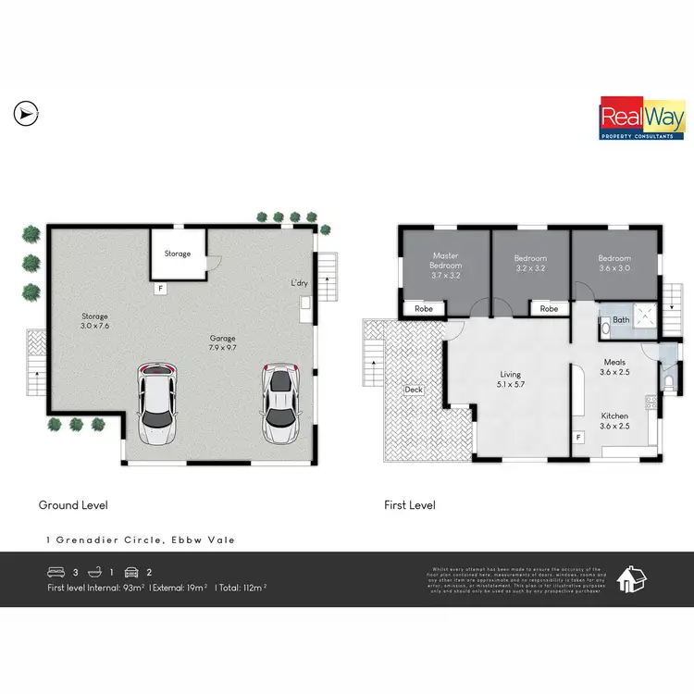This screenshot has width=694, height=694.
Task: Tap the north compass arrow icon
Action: coord(24,114)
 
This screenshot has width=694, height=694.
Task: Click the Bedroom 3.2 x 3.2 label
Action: coord(530,264)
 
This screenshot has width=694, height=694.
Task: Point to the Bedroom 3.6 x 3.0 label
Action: coord(613,264)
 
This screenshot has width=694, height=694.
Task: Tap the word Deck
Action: coord(413,390)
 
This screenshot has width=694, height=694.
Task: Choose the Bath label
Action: coord(621,320)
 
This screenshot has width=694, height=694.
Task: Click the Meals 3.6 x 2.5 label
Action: coord(615,367)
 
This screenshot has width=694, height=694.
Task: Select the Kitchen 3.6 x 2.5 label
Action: coord(615,421)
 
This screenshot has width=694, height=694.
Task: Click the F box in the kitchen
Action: coord(579,437)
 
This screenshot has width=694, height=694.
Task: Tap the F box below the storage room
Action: coord(160,288)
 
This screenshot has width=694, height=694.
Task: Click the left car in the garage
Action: coord(157,403)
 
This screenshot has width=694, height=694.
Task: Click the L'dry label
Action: coord(299,282)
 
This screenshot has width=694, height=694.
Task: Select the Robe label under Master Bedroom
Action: coord(423,308)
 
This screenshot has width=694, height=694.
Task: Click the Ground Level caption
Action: coord(73,505)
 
